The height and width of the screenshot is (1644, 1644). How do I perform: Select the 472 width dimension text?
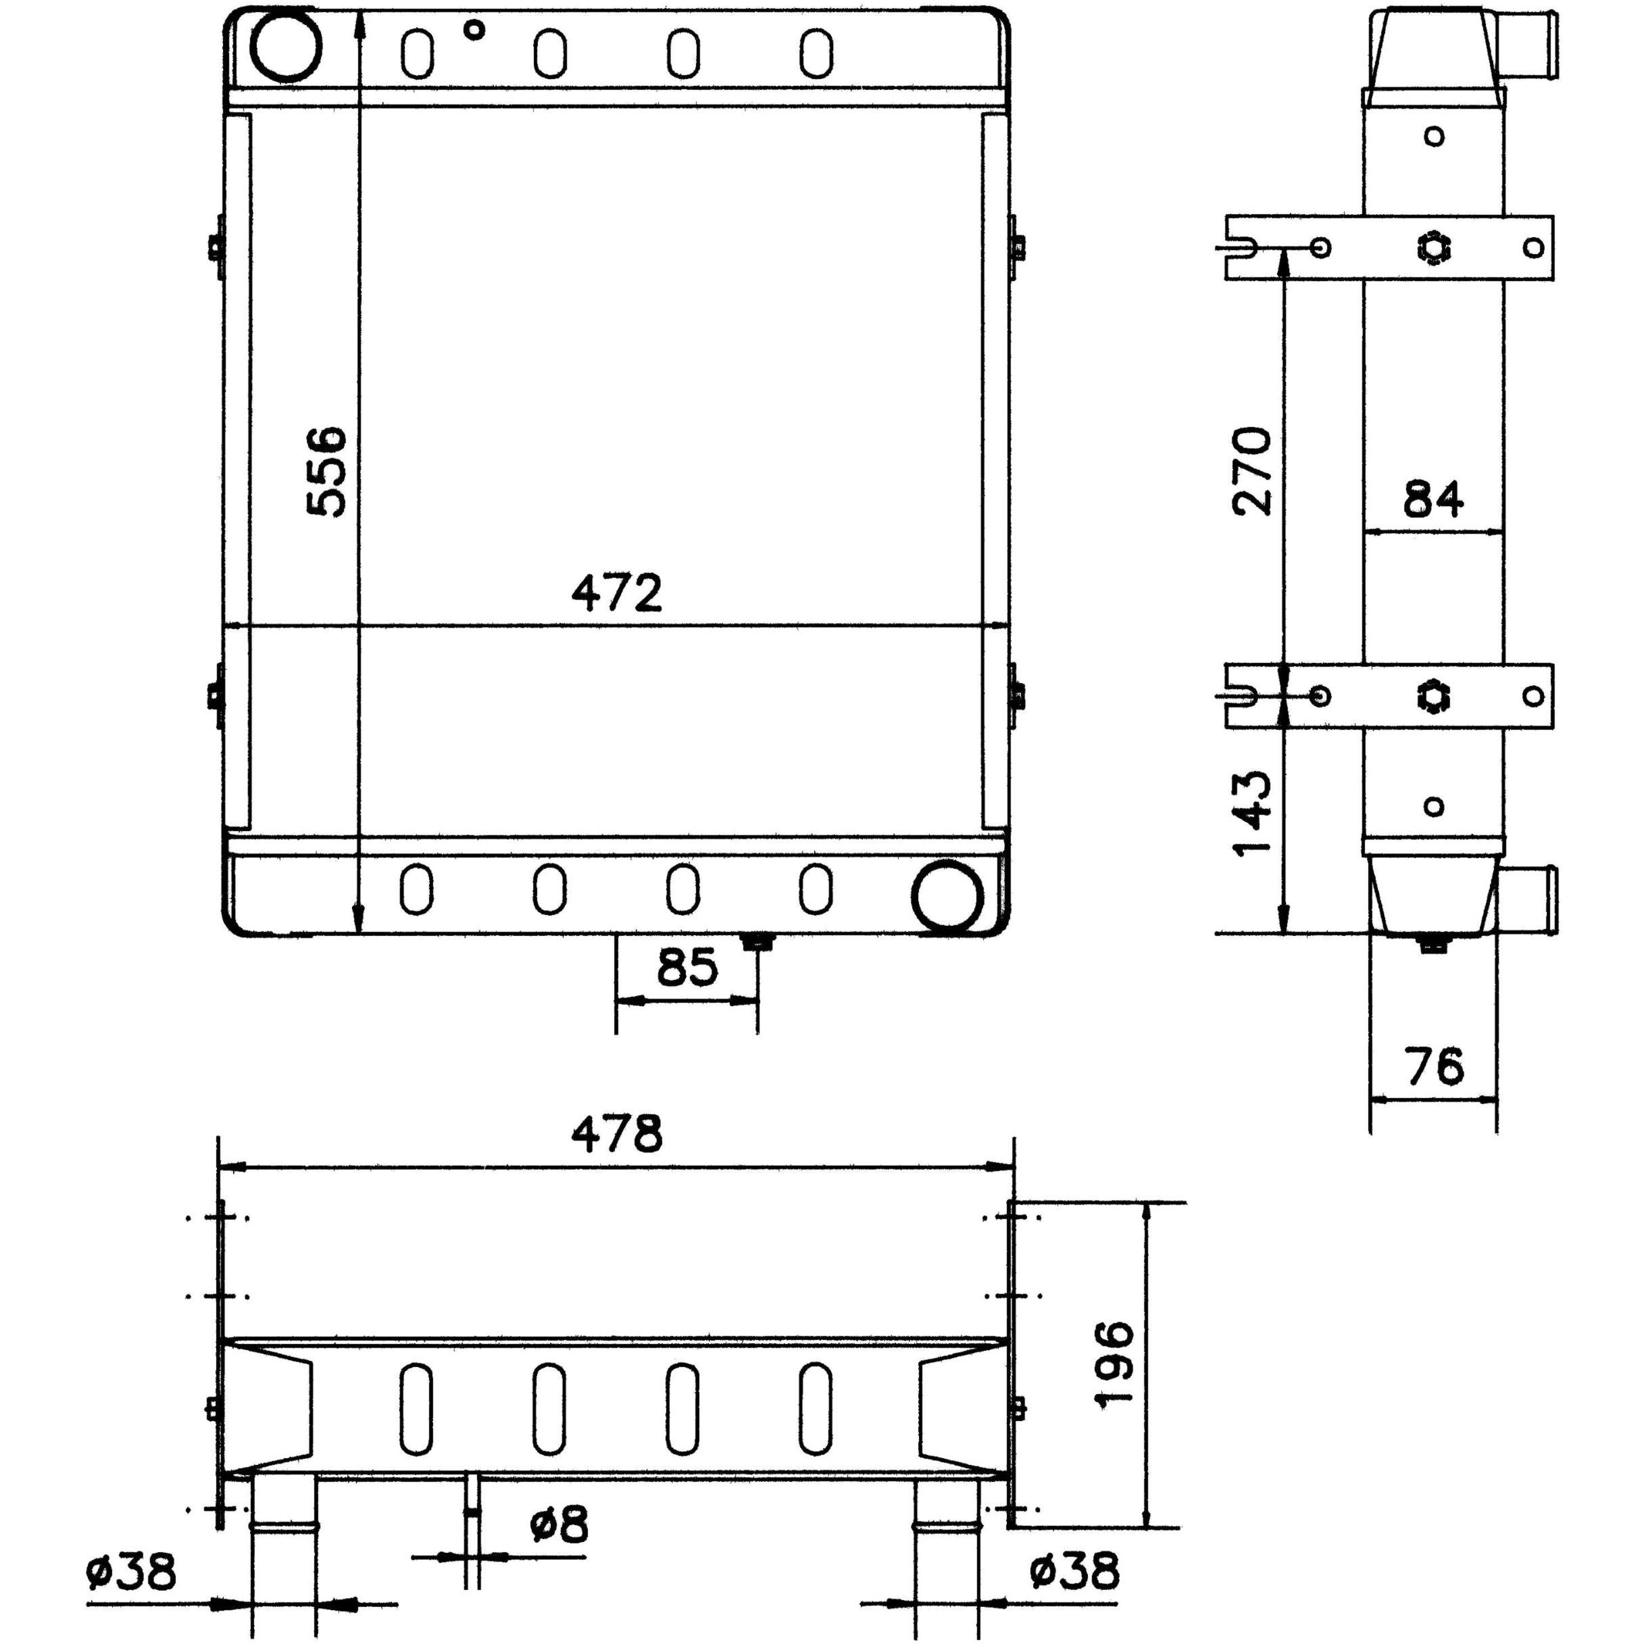617,593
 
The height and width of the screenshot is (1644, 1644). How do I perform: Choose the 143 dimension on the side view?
1251,814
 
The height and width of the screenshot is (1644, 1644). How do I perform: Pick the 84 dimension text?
1434,499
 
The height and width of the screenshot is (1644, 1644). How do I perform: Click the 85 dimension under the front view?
688,968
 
